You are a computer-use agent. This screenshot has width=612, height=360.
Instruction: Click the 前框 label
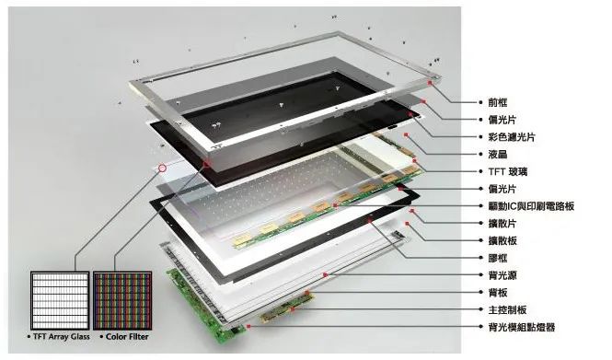(x=498, y=102)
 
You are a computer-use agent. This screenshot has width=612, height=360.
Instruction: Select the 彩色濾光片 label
(x=512, y=137)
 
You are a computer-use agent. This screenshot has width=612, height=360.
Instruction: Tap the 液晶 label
(x=498, y=155)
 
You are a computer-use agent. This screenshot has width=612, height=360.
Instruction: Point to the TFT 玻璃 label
(x=508, y=171)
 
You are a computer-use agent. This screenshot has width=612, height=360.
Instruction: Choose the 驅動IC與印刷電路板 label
(x=531, y=206)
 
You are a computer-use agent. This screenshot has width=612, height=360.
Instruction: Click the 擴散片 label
(x=502, y=224)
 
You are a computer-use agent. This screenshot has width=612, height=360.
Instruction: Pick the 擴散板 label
(x=502, y=240)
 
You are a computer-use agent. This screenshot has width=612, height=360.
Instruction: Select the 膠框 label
(x=498, y=258)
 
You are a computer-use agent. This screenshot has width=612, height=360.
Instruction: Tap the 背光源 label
(x=502, y=275)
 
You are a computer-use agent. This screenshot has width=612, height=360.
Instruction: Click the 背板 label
(x=498, y=293)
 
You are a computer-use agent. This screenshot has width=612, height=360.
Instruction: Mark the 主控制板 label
(x=507, y=309)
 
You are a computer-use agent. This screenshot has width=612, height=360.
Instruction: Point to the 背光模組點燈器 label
(x=522, y=327)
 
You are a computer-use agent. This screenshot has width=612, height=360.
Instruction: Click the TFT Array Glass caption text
(x=62, y=337)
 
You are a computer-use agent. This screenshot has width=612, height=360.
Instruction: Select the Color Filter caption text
(x=127, y=337)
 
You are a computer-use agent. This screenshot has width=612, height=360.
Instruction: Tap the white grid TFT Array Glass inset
(x=60, y=301)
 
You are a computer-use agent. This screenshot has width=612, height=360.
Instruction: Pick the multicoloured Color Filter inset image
(x=122, y=301)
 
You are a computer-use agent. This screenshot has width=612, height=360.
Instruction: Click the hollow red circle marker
(x=162, y=168)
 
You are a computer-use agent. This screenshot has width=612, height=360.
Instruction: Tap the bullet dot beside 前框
(x=480, y=102)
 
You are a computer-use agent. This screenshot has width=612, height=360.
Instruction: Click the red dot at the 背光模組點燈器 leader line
(x=248, y=326)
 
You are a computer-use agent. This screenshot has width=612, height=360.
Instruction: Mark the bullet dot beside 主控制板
(x=480, y=309)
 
